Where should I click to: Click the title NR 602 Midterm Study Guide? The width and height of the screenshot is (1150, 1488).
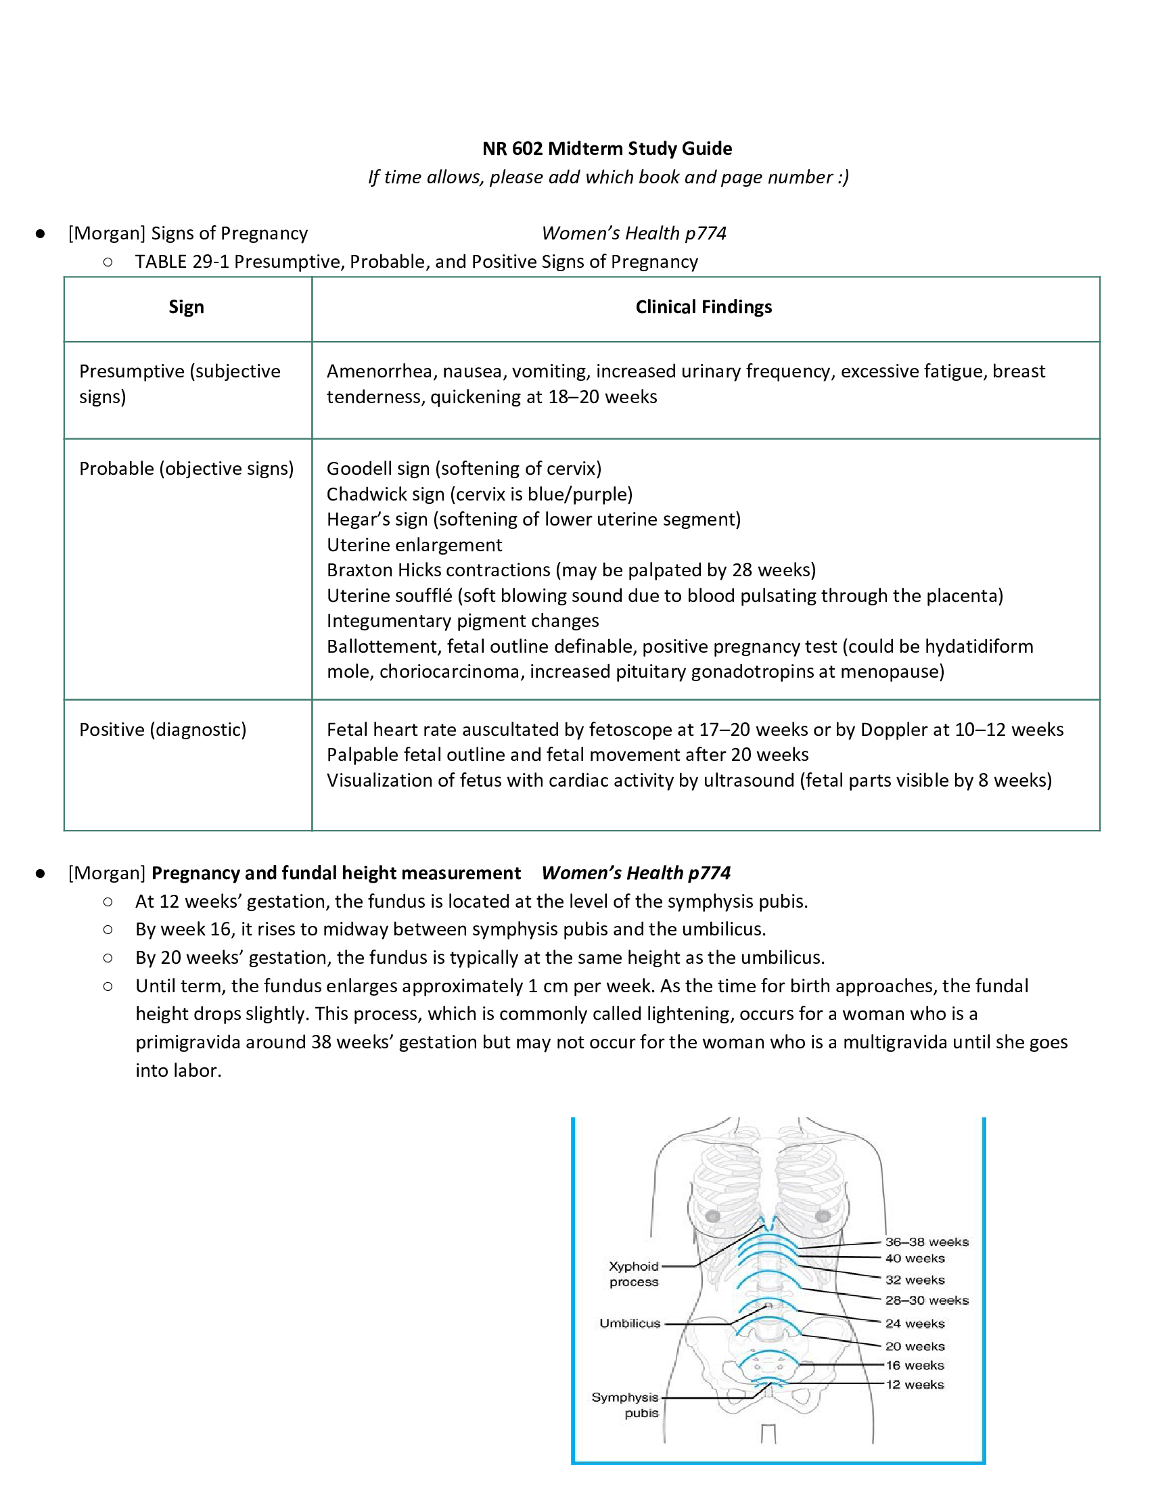[607, 149]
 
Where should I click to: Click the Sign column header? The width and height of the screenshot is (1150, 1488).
[186, 307]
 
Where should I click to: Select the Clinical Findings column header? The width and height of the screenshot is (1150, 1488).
[703, 307]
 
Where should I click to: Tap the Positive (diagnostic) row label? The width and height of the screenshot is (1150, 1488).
[163, 730]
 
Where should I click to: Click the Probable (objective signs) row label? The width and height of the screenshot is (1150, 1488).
[186, 469]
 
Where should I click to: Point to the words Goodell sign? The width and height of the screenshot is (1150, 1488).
[377, 469]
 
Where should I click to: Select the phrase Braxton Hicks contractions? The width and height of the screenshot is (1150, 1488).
[438, 570]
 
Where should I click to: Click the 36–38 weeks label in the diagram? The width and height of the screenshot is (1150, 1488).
[927, 1242]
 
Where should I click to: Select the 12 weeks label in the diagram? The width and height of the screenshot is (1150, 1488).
[915, 1385]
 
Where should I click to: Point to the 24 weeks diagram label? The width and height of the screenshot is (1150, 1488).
[915, 1324]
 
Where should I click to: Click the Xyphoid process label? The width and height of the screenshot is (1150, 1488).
[634, 1274]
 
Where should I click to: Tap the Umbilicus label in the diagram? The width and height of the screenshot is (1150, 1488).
[630, 1323]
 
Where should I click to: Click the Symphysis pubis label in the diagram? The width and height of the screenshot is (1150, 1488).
[626, 1405]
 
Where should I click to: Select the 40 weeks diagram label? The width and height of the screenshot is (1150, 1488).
[915, 1259]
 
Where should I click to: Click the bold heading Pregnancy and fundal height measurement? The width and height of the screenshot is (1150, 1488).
[336, 873]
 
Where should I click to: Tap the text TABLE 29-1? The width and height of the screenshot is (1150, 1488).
[181, 262]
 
